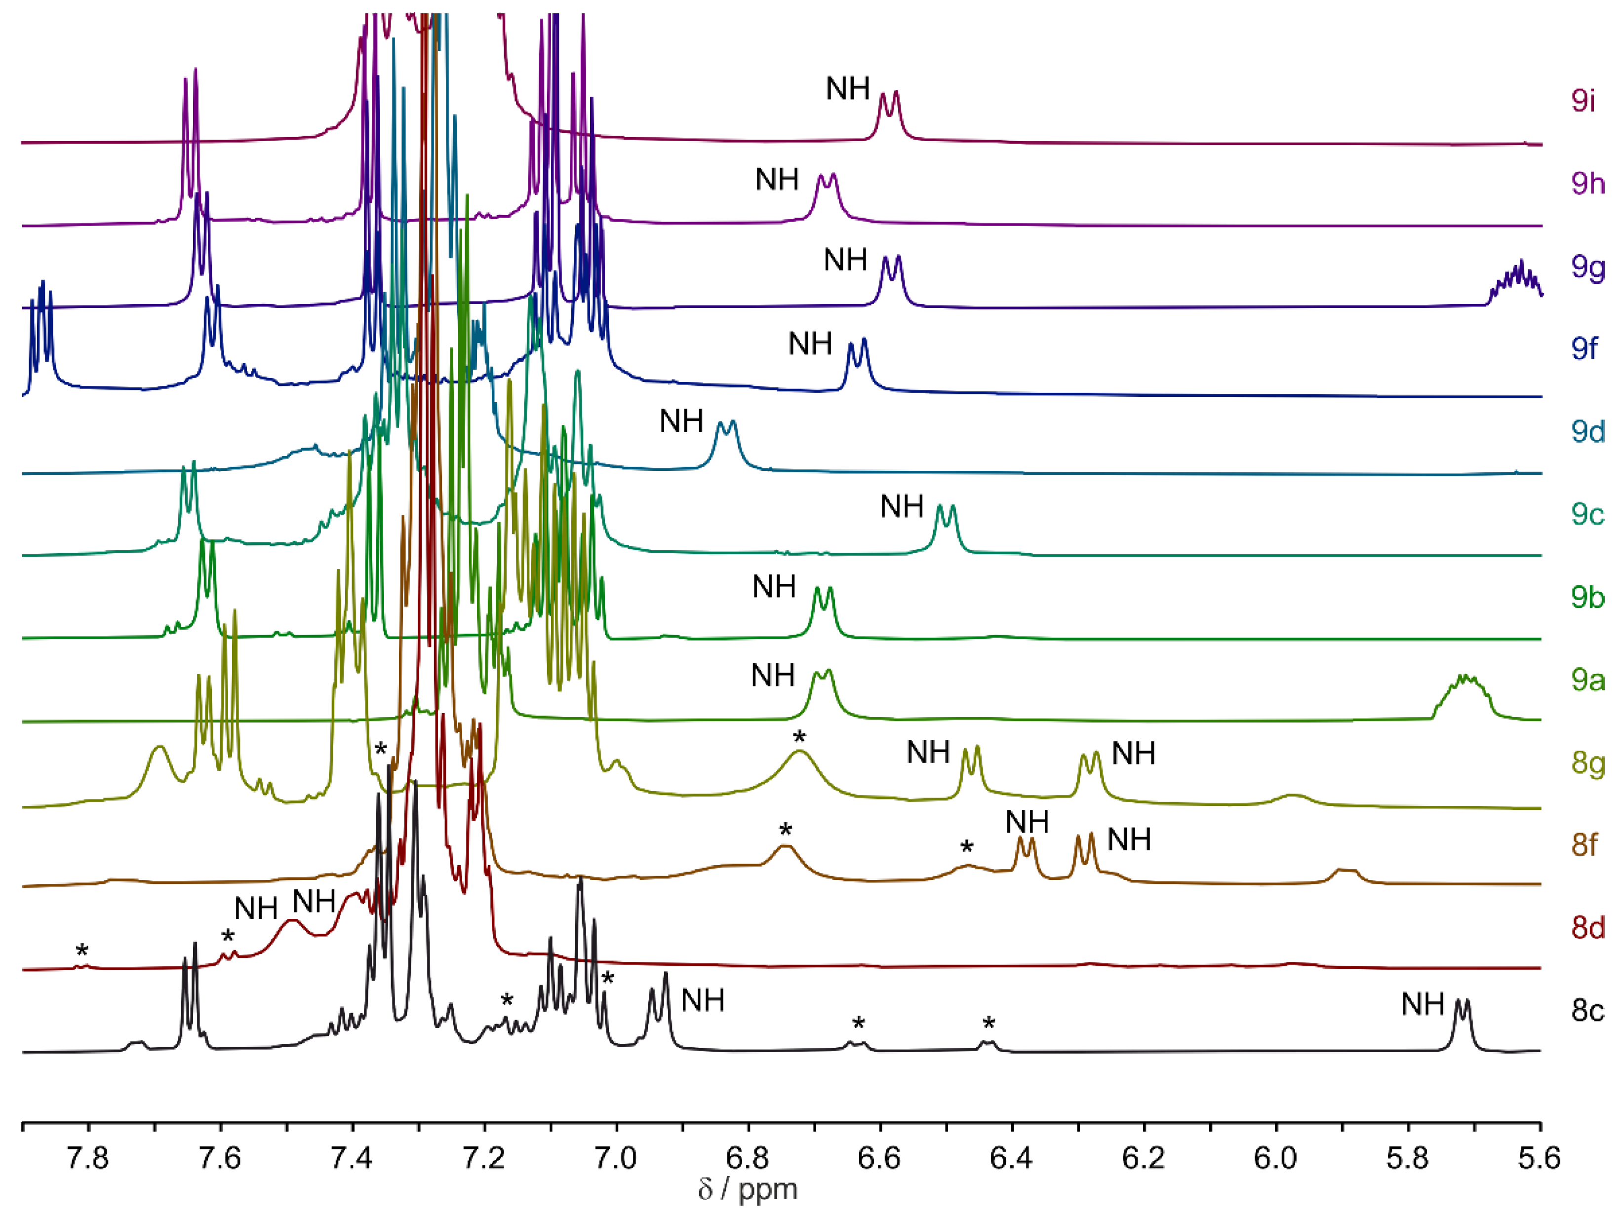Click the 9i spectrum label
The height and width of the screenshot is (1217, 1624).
tap(1584, 101)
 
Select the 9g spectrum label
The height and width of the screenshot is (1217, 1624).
tap(1588, 266)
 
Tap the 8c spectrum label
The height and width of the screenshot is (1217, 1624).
tap(1588, 1011)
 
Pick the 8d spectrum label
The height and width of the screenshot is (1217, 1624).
tap(1588, 928)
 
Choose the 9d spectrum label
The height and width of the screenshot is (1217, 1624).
tap(1588, 432)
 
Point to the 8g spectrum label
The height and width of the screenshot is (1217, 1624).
tap(1588, 763)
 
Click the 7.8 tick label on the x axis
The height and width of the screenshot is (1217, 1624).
tap(88, 1158)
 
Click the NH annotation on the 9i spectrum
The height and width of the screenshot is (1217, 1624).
tap(847, 89)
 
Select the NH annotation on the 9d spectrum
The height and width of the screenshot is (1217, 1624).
tap(681, 421)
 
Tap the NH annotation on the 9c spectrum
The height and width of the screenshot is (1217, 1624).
tap(902, 506)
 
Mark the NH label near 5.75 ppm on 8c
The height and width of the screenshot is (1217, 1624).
tap(1422, 1004)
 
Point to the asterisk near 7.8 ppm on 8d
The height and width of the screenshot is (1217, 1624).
tap(81, 952)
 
